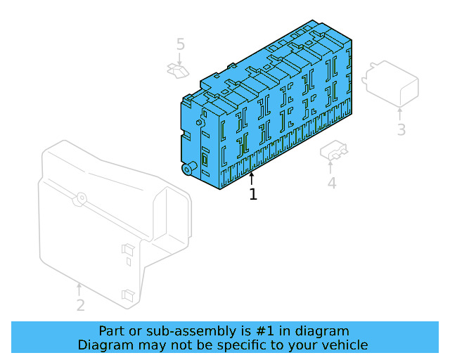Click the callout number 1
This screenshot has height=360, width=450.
pyautogui.click(x=253, y=194)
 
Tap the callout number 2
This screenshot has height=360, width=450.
pyautogui.click(x=81, y=305)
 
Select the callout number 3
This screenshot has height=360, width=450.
pyautogui.click(x=401, y=129)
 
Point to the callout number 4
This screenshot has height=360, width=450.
pyautogui.click(x=331, y=184)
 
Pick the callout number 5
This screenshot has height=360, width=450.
pyautogui.click(x=181, y=45)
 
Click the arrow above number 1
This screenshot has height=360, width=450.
pyautogui.click(x=252, y=178)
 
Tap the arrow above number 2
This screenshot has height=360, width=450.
pyautogui.click(x=79, y=289)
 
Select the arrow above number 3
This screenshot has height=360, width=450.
pyautogui.click(x=401, y=113)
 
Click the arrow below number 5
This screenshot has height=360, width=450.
pyautogui.click(x=181, y=60)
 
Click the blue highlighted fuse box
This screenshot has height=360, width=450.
pyautogui.click(x=267, y=112)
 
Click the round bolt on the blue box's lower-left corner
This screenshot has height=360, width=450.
pyautogui.click(x=188, y=169)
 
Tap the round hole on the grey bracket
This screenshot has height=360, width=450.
pyautogui.click(x=82, y=198)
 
